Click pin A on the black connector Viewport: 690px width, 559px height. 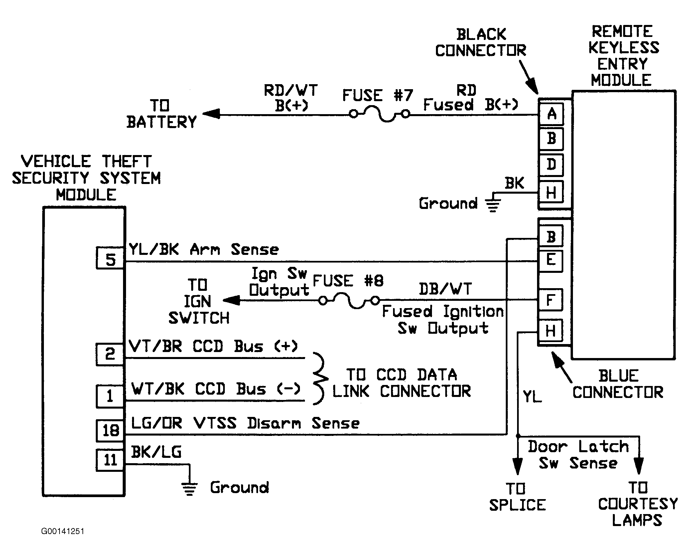click(x=551, y=114)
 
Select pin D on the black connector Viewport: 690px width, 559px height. click(x=551, y=165)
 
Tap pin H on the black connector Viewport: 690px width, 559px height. click(x=551, y=192)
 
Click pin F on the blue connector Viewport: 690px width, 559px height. click(x=551, y=300)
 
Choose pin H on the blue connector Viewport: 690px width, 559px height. click(x=551, y=331)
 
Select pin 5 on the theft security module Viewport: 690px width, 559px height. click(x=110, y=258)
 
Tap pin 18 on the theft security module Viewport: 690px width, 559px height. click(x=110, y=431)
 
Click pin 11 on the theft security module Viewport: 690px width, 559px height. click(x=110, y=460)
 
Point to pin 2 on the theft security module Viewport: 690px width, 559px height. click(x=110, y=355)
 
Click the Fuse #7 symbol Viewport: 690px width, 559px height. click(x=379, y=114)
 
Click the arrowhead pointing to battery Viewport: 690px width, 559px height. click(x=211, y=114)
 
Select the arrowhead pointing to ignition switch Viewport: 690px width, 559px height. click(x=231, y=300)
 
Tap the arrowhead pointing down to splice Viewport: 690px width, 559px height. click(x=517, y=466)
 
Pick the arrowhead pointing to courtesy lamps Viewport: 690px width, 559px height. click(x=638, y=466)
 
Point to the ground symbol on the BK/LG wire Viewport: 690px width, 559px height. click(x=190, y=489)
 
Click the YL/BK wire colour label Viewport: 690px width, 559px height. click(x=154, y=250)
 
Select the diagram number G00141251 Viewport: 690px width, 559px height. click(x=63, y=531)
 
